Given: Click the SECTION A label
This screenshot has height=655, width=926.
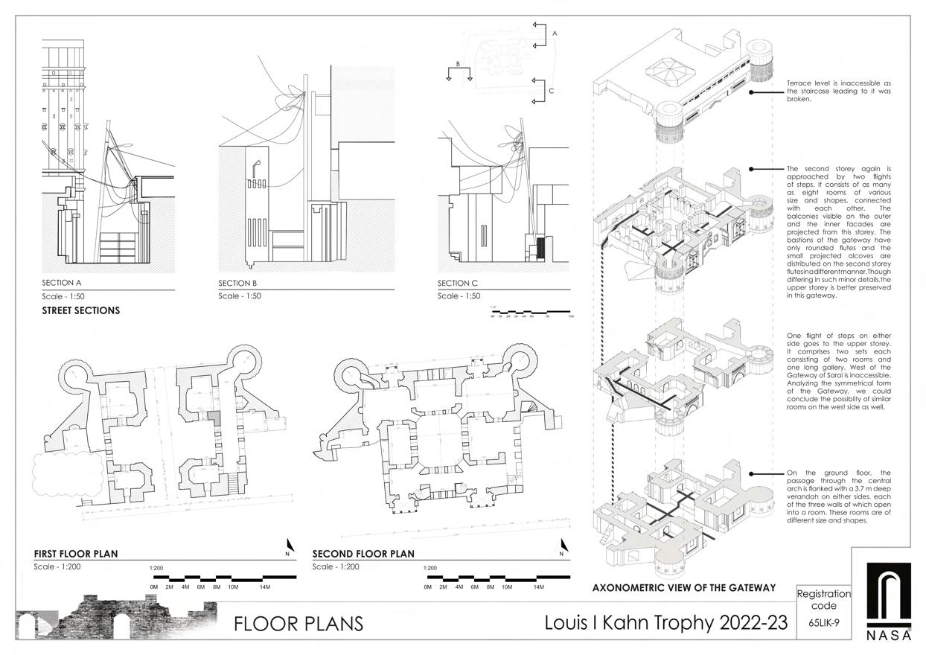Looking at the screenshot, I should pos(62,283).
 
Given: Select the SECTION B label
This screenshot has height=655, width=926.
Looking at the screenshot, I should pos(237,284).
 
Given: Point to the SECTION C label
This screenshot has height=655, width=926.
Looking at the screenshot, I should pos(457,284).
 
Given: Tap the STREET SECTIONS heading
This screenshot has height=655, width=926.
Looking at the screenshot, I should pos(81,310).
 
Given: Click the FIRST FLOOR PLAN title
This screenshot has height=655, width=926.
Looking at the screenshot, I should pos(75,554).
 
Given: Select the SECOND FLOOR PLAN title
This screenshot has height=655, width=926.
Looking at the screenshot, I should pos(363,554).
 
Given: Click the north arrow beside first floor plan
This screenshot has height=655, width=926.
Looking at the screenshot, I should pos(288,547).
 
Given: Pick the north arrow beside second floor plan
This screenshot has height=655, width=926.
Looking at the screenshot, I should pos(563,547).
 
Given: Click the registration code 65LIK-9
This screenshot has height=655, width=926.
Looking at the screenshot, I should pos(823,623).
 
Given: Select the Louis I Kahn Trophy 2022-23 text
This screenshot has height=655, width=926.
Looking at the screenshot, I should pos(665,622).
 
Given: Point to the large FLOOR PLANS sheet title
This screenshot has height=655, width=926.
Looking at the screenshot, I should pos(298,624).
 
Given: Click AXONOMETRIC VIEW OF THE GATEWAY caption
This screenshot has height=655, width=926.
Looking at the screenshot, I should pos(683,588).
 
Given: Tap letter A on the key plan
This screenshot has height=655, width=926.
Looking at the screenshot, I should pos(555,33).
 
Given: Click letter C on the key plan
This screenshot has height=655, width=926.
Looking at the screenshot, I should pos(551,91).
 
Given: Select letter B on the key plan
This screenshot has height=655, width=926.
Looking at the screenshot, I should pos(459,64).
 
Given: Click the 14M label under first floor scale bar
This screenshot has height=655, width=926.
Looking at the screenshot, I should pos(265,587).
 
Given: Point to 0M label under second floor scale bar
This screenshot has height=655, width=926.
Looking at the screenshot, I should pos(427,587).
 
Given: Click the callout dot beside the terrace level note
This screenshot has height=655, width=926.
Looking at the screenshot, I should pos(752,92).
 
